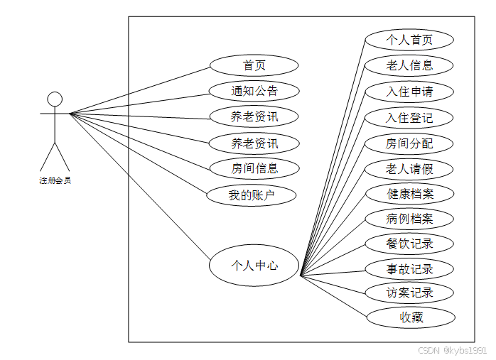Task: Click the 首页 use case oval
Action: click(254, 66)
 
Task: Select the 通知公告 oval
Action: click(254, 91)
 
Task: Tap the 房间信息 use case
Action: click(254, 169)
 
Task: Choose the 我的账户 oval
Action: click(252, 195)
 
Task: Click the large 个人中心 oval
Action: click(254, 266)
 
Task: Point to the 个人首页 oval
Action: click(409, 40)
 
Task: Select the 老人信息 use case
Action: click(409, 66)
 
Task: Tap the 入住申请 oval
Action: click(409, 92)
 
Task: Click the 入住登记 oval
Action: click(409, 118)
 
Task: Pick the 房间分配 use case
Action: click(409, 143)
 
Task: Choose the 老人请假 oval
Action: click(409, 170)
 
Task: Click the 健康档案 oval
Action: click(410, 193)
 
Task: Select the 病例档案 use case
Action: click(409, 219)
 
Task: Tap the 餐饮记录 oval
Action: click(409, 244)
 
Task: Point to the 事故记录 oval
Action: click(409, 269)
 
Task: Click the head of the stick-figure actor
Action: click(55, 99)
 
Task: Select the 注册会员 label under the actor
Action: click(55, 180)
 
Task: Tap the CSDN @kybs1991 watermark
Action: click(452, 351)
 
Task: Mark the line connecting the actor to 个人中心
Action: click(142, 187)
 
